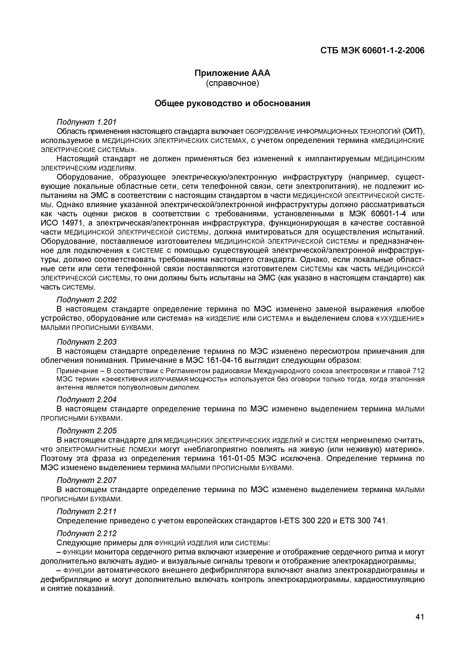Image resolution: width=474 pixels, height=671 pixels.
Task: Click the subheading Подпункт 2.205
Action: click(86, 431)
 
